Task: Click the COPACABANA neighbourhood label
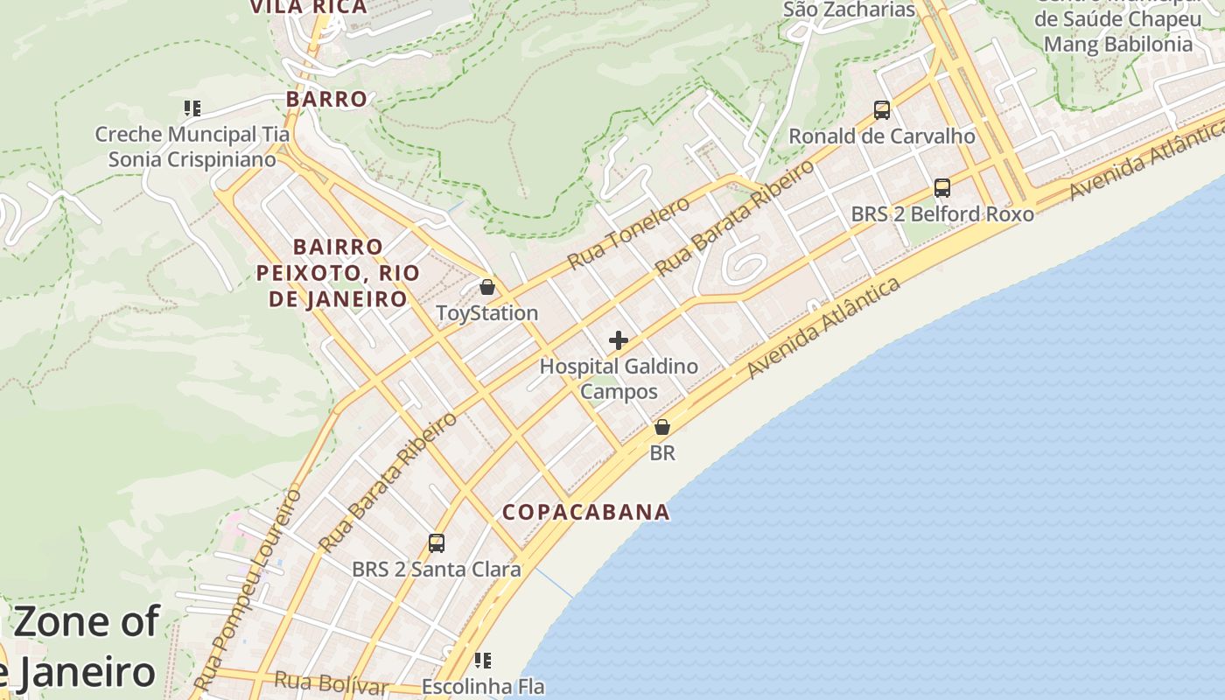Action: [586, 512]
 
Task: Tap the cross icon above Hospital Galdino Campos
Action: [619, 340]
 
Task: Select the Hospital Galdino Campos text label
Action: [619, 378]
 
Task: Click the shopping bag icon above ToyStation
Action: [487, 287]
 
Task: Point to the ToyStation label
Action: [487, 313]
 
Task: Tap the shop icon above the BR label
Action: [662, 428]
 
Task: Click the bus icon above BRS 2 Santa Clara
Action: [437, 543]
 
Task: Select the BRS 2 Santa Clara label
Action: [437, 570]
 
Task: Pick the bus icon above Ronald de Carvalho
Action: [882, 110]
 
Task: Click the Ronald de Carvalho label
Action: [882, 136]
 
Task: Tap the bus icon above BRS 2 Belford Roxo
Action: [942, 188]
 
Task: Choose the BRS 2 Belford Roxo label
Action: [942, 214]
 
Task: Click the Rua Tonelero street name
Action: [628, 233]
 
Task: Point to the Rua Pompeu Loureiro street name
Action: [248, 588]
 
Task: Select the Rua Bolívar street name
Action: [331, 683]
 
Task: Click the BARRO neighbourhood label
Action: [326, 99]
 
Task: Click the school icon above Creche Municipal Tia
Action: [192, 109]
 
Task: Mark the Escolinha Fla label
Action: [483, 687]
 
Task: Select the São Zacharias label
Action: [849, 10]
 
